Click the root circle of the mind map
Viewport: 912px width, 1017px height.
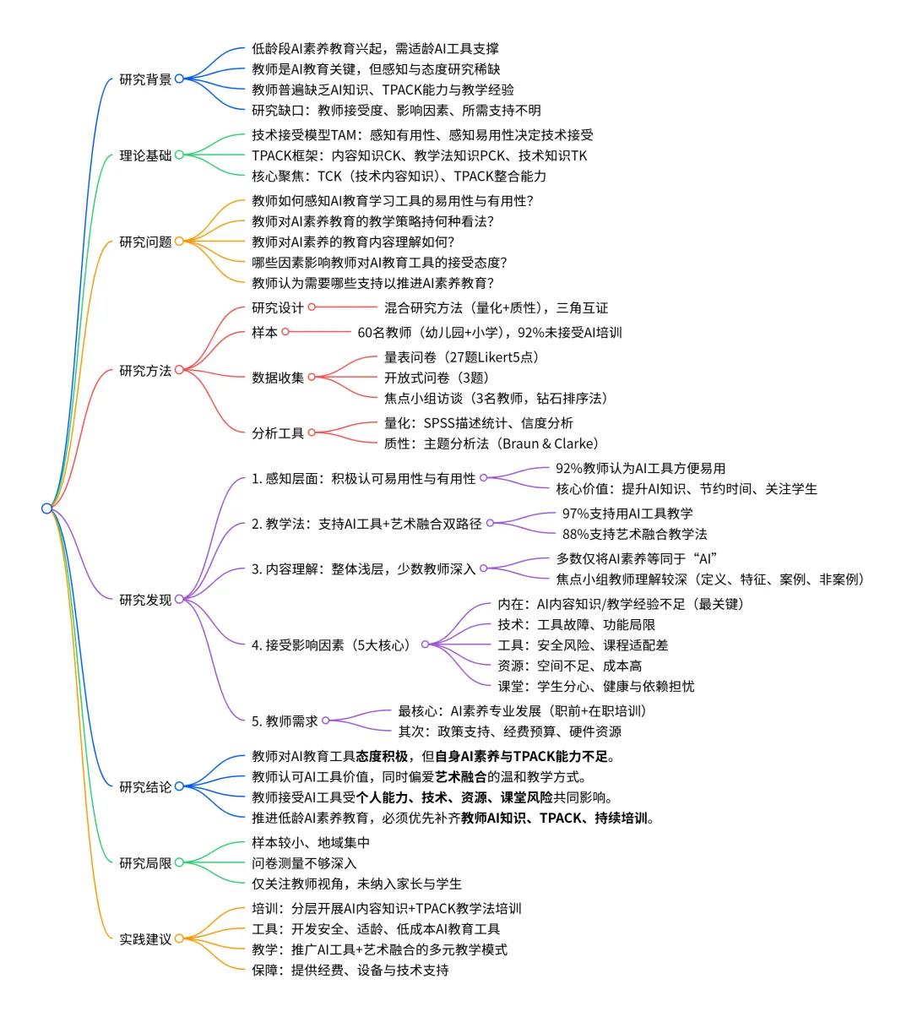point(46,508)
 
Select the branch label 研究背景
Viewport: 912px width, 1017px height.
point(145,79)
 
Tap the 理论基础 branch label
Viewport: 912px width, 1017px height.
point(145,155)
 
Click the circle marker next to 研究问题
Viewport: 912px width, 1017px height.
point(179,242)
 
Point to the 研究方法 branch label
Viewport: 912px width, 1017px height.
point(145,371)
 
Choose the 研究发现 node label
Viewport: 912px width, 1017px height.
point(145,600)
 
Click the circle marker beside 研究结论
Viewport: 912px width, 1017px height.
point(179,786)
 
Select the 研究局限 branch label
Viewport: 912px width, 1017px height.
point(145,863)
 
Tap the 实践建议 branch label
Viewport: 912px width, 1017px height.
point(145,939)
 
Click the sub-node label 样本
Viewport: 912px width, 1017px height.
point(264,332)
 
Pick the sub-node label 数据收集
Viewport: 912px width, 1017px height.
point(278,378)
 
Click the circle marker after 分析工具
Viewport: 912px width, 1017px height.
point(312,432)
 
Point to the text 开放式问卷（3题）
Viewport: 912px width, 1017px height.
point(437,378)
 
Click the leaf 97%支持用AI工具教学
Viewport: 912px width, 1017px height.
point(627,514)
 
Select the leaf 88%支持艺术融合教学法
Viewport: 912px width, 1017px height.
point(634,534)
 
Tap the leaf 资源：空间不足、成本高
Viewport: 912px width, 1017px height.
point(570,666)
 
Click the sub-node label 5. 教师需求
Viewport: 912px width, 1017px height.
point(285,721)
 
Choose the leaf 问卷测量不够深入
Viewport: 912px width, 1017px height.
point(304,863)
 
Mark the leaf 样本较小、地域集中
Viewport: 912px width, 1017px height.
point(311,843)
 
